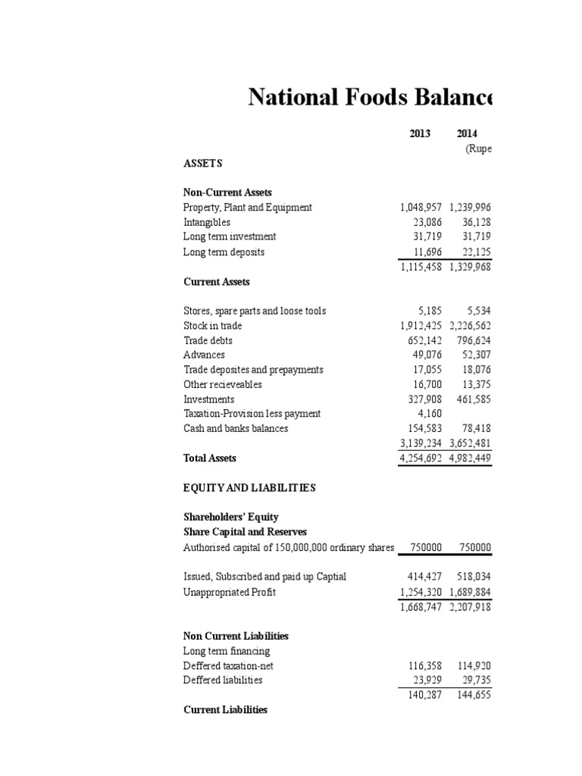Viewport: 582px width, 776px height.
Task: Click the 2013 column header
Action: [419, 133]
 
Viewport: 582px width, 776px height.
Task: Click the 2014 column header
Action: [467, 133]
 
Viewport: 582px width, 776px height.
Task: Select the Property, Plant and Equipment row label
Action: [247, 208]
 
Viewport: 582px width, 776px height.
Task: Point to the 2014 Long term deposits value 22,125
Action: [474, 252]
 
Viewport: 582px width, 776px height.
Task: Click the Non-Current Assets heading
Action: [227, 193]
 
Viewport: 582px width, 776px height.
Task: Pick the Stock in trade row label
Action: [212, 326]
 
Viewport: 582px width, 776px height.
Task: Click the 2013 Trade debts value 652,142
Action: [423, 341]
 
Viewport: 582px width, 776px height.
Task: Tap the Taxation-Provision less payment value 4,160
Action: [429, 414]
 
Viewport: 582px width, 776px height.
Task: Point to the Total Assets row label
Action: [210, 458]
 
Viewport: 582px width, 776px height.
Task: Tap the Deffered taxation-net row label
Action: [228, 666]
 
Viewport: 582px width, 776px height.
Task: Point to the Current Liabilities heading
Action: [225, 710]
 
